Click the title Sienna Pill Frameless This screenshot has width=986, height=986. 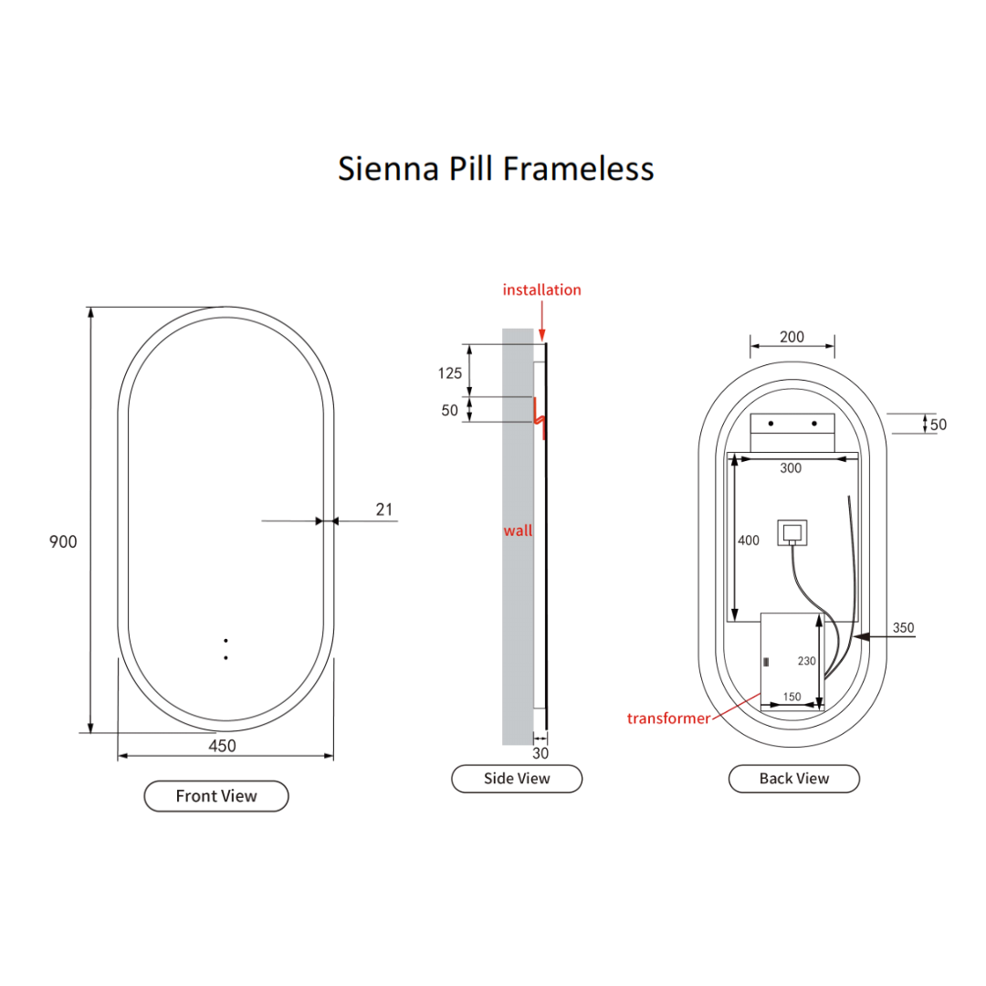click(x=496, y=169)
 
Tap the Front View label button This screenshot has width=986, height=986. click(x=216, y=796)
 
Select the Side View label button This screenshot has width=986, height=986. click(x=517, y=779)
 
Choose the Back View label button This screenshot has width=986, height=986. click(x=794, y=779)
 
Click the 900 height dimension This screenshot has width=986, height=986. click(x=63, y=541)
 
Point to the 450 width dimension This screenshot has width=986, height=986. click(x=222, y=746)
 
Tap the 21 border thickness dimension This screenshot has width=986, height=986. click(x=384, y=509)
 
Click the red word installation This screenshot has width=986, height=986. click(x=541, y=289)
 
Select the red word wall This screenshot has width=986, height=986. click(x=518, y=530)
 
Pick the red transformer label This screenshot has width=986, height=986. click(x=668, y=719)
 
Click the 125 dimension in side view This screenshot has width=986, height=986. click(x=450, y=372)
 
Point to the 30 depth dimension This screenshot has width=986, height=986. click(x=540, y=754)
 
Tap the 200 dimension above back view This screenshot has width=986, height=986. click(x=792, y=337)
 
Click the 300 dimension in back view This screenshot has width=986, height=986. click(x=791, y=468)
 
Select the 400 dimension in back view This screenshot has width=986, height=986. click(x=748, y=540)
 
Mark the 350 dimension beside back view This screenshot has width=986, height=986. click(x=903, y=628)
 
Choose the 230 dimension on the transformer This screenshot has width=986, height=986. click(x=805, y=661)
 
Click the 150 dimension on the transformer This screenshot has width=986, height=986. click(x=792, y=697)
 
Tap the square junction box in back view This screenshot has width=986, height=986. click(x=792, y=531)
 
